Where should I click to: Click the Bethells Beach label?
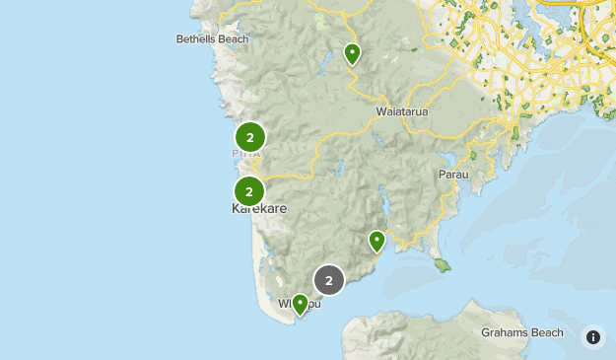click(212, 39)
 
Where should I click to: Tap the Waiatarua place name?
click(402, 111)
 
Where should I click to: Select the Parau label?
click(452, 175)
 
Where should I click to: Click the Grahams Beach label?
click(522, 332)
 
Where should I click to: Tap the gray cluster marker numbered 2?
click(329, 280)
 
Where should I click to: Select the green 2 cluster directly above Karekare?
click(250, 191)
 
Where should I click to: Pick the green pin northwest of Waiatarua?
click(352, 54)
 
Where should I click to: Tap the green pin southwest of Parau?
click(376, 241)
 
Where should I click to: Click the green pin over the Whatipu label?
click(300, 304)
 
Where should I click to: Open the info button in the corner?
click(593, 337)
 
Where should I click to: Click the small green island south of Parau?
click(443, 264)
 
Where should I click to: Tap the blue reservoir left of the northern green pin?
click(324, 68)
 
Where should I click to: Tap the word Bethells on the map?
click(196, 39)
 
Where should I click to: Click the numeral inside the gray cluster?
click(329, 280)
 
